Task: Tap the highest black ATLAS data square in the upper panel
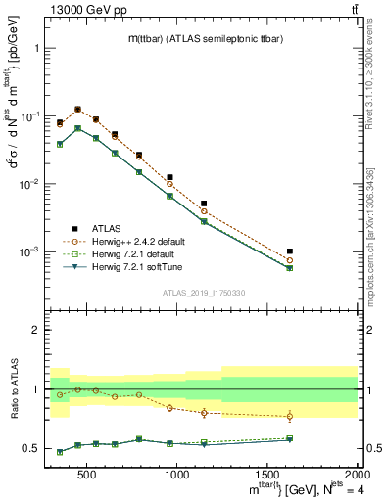point(77,110)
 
